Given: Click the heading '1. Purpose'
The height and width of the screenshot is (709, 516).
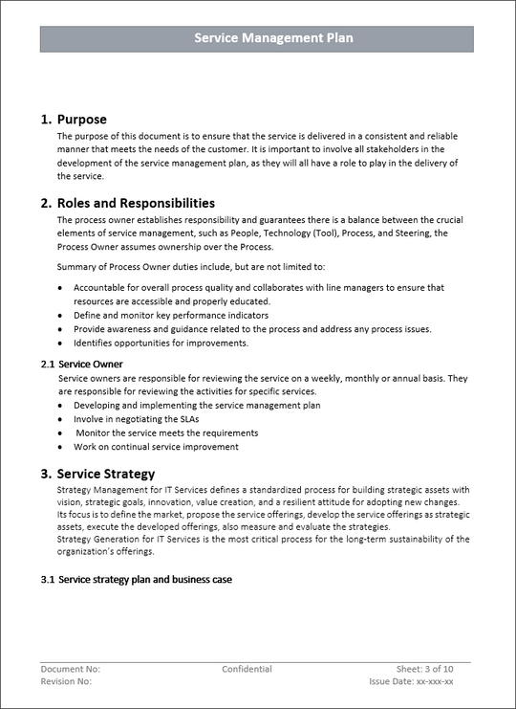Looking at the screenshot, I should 74,120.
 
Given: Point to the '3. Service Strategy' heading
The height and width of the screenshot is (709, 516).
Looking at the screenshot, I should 97,474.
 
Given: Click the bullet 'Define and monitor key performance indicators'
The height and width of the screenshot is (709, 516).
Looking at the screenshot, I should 170,315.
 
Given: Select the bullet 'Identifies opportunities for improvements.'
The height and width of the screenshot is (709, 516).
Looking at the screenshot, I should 161,343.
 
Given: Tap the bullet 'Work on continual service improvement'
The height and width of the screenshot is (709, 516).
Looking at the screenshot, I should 156,447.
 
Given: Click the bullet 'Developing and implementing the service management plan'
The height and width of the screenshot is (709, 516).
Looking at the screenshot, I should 197,405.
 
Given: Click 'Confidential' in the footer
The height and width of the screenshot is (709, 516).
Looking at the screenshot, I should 247,670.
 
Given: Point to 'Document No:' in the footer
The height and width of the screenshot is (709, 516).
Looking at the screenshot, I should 70,670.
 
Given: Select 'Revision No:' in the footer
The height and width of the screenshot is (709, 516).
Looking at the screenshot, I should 66,682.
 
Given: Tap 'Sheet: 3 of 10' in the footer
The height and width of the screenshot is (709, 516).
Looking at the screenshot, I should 424,670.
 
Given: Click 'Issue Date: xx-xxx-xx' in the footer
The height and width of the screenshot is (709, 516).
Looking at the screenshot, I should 411,682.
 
